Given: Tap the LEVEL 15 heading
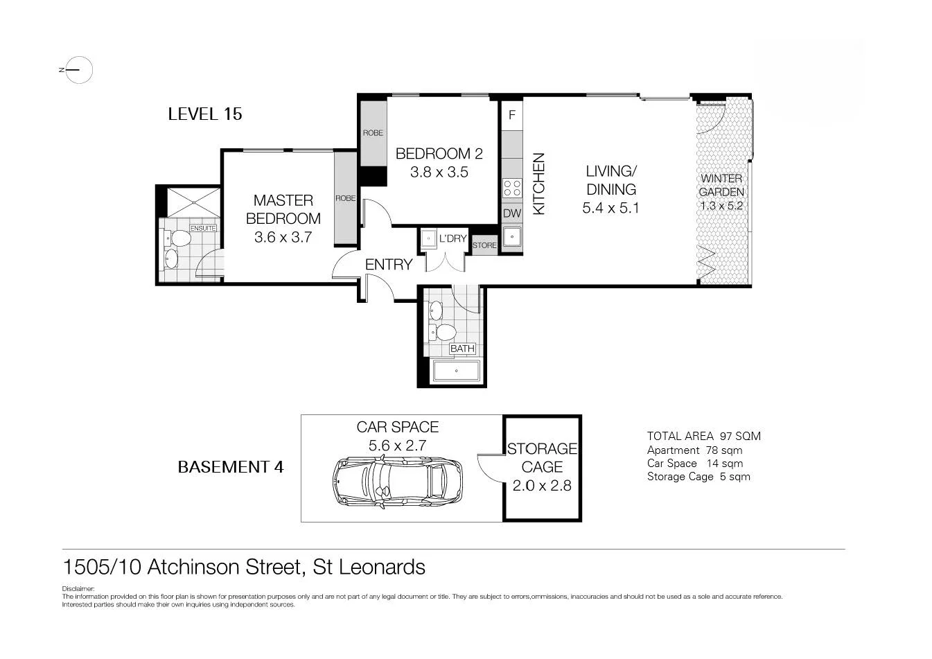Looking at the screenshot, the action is [204, 114].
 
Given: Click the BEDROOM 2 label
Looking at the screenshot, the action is [439, 154].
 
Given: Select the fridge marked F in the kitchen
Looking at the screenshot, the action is [512, 115].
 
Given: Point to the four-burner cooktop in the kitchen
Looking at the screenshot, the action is [512, 188].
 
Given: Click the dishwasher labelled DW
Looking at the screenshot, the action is [512, 213].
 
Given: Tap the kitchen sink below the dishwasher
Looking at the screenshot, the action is [512, 237].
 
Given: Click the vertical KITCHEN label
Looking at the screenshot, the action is [538, 184].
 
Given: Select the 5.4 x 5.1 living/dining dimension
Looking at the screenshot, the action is [610, 208].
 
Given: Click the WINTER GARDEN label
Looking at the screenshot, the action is [721, 185].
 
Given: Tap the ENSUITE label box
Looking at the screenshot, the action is [203, 229].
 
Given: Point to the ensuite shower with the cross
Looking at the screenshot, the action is [193, 202].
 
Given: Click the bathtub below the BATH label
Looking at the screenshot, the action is [457, 370].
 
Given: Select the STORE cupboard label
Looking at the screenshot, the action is [484, 245].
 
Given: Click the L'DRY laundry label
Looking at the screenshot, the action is [452, 238].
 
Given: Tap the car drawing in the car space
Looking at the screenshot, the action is [397, 482].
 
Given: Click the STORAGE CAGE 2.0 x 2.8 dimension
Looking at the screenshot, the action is [542, 486].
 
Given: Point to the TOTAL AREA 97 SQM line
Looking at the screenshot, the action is [703, 436].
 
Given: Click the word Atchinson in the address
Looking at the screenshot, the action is [196, 567].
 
